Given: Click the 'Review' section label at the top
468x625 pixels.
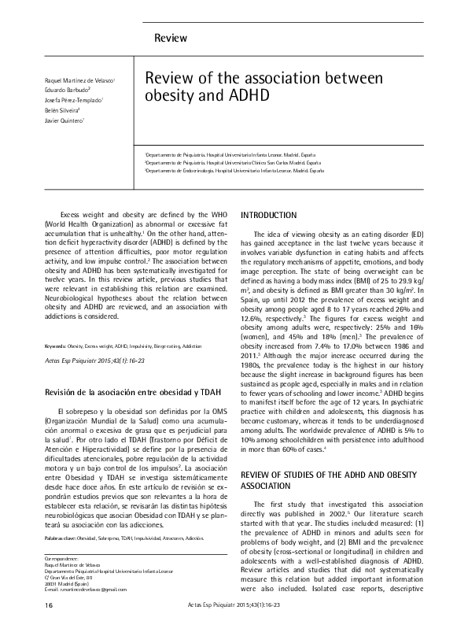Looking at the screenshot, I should click(x=171, y=38).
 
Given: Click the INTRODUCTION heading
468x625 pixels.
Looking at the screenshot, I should click(x=268, y=215).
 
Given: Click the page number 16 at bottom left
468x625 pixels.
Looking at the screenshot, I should click(x=28, y=605).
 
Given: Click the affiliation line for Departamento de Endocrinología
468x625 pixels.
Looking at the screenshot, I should click(x=234, y=170).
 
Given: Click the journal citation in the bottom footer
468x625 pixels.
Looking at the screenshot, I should click(x=234, y=605).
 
